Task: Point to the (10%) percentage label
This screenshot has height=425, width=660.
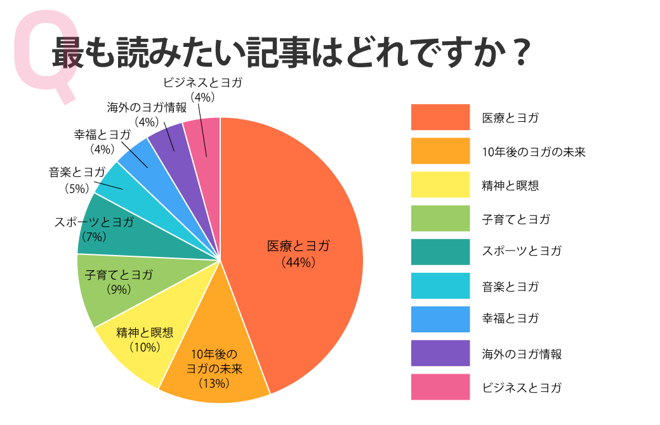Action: coord(144,347)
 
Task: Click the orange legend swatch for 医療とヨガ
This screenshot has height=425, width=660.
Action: coord(440,117)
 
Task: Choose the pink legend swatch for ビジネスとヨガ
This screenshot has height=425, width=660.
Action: coord(440,387)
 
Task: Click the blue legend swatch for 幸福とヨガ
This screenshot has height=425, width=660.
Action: coord(440,319)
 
